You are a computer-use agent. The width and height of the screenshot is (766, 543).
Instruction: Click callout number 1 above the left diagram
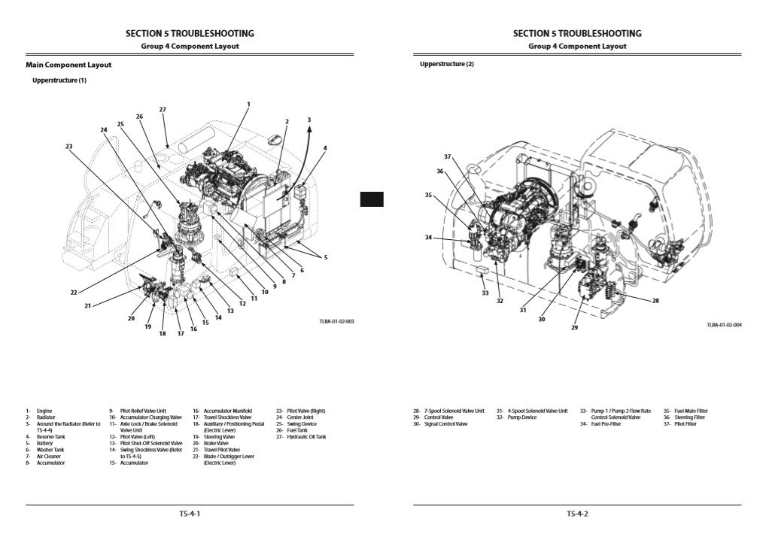click(248, 104)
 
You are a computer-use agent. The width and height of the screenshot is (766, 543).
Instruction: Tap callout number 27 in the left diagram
click(163, 110)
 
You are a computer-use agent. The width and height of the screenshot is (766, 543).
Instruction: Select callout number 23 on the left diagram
click(69, 146)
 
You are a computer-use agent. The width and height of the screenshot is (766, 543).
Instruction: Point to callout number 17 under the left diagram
click(181, 333)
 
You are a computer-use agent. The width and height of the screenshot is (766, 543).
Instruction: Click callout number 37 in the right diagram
click(447, 156)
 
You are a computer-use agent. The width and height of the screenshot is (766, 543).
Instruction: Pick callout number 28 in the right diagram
click(655, 301)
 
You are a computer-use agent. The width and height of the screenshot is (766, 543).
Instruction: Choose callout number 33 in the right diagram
click(485, 293)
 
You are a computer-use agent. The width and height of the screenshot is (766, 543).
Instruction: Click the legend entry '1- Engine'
click(39, 411)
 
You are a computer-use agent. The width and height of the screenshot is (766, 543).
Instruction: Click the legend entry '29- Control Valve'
click(432, 417)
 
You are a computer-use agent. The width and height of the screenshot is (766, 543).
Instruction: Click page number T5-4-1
click(190, 514)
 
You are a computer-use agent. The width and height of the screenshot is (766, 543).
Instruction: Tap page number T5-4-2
click(577, 514)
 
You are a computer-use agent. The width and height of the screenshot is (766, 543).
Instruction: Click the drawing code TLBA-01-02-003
click(336, 321)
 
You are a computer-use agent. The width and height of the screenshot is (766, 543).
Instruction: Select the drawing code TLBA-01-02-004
click(724, 325)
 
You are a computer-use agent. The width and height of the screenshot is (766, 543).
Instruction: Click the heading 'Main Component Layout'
click(68, 65)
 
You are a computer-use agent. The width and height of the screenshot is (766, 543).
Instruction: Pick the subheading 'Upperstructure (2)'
click(447, 65)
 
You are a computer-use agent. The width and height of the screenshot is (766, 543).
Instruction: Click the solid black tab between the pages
click(372, 199)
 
